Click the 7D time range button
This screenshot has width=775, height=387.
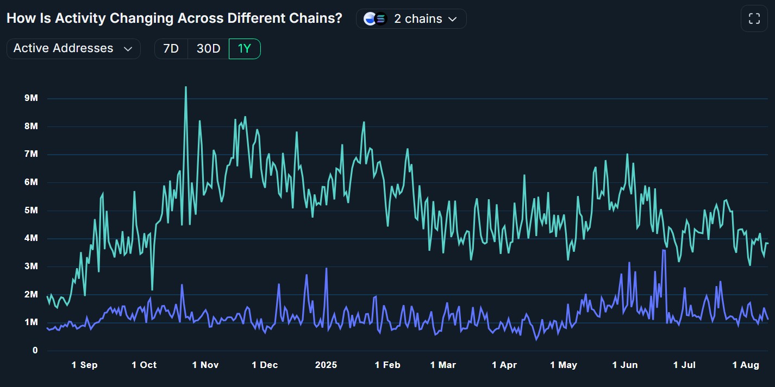(x=171, y=49)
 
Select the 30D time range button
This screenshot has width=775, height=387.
(x=208, y=49)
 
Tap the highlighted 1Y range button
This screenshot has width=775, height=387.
(x=245, y=49)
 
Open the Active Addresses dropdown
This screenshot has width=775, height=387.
(x=73, y=48)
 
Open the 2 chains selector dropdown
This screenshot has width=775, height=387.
(x=411, y=18)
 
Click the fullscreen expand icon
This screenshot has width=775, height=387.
(x=754, y=19)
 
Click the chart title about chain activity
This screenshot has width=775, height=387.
(x=174, y=18)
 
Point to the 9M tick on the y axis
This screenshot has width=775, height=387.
(x=27, y=98)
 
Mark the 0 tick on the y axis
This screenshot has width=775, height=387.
(x=34, y=351)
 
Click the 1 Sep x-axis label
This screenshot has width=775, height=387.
(x=84, y=365)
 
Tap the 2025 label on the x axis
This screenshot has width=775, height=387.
(x=326, y=365)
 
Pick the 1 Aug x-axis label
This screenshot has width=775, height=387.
(x=746, y=365)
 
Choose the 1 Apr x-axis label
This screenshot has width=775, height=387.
(x=504, y=365)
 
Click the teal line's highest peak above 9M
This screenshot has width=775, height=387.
(x=186, y=87)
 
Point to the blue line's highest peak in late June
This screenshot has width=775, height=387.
(x=664, y=250)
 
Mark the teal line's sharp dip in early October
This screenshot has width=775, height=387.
(x=152, y=289)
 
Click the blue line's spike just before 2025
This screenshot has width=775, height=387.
(x=326, y=268)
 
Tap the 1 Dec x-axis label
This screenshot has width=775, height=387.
(x=265, y=365)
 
